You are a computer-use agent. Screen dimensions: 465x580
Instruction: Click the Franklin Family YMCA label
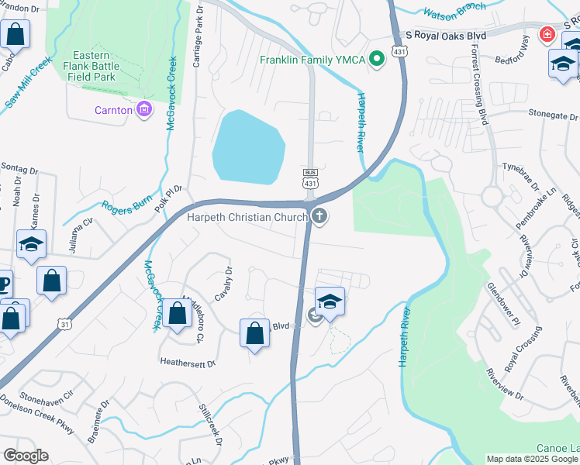click(x=312, y=60)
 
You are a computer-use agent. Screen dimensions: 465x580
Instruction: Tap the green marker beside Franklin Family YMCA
click(x=377, y=59)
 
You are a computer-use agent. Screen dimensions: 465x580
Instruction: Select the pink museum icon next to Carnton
click(x=143, y=110)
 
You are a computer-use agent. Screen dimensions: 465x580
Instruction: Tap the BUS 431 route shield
click(x=310, y=177)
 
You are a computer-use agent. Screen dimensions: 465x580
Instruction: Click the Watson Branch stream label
click(x=454, y=10)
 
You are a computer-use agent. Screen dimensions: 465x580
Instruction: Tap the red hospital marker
click(x=547, y=36)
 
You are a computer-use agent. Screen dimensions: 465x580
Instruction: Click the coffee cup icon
click(x=4, y=283)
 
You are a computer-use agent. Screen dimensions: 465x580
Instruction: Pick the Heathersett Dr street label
click(x=188, y=361)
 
